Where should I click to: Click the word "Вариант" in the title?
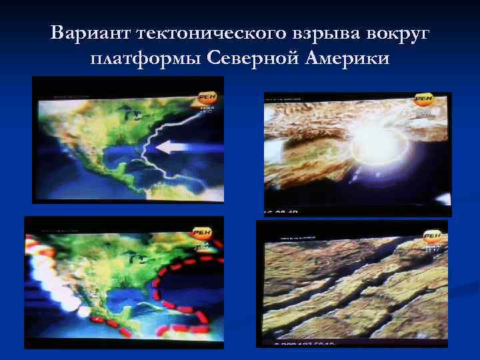pyautogui.click(x=89, y=33)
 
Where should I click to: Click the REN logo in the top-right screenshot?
pyautogui.click(x=424, y=101)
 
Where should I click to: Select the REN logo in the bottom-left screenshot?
pyautogui.click(x=201, y=233)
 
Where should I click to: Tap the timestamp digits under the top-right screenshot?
pyautogui.click(x=283, y=213)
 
